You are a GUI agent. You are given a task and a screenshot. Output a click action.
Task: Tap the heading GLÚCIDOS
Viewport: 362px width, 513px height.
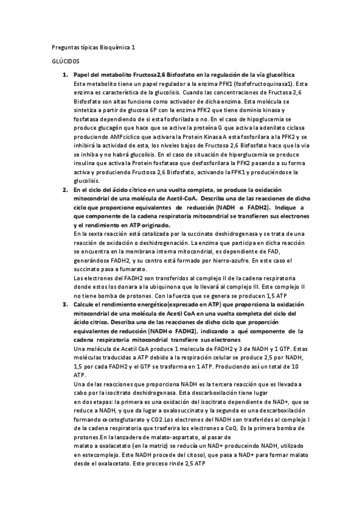click(63, 62)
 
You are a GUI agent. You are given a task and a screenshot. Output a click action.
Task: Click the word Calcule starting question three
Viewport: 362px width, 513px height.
click(85, 304)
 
